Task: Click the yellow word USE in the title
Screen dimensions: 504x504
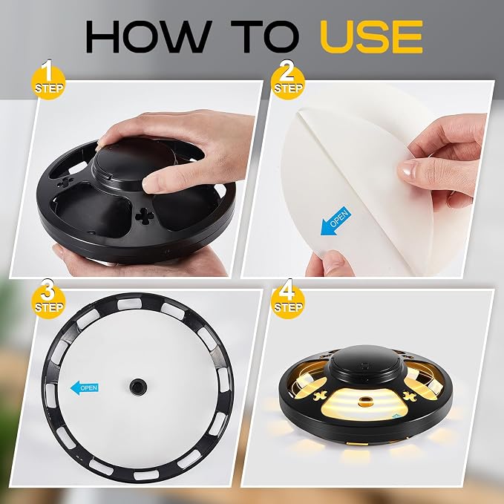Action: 371,36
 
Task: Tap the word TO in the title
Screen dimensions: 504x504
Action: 265,36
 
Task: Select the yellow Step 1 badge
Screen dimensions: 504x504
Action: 49,81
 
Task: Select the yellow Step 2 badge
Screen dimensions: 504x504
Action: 288,81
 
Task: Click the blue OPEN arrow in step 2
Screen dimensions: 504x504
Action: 334,220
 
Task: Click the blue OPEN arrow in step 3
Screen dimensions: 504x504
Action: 84,388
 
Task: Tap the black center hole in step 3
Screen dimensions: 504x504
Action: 138,385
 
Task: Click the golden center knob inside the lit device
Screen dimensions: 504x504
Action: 364,401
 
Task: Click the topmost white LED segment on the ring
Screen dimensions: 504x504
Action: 130,304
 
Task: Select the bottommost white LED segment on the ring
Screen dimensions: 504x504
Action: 145,475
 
